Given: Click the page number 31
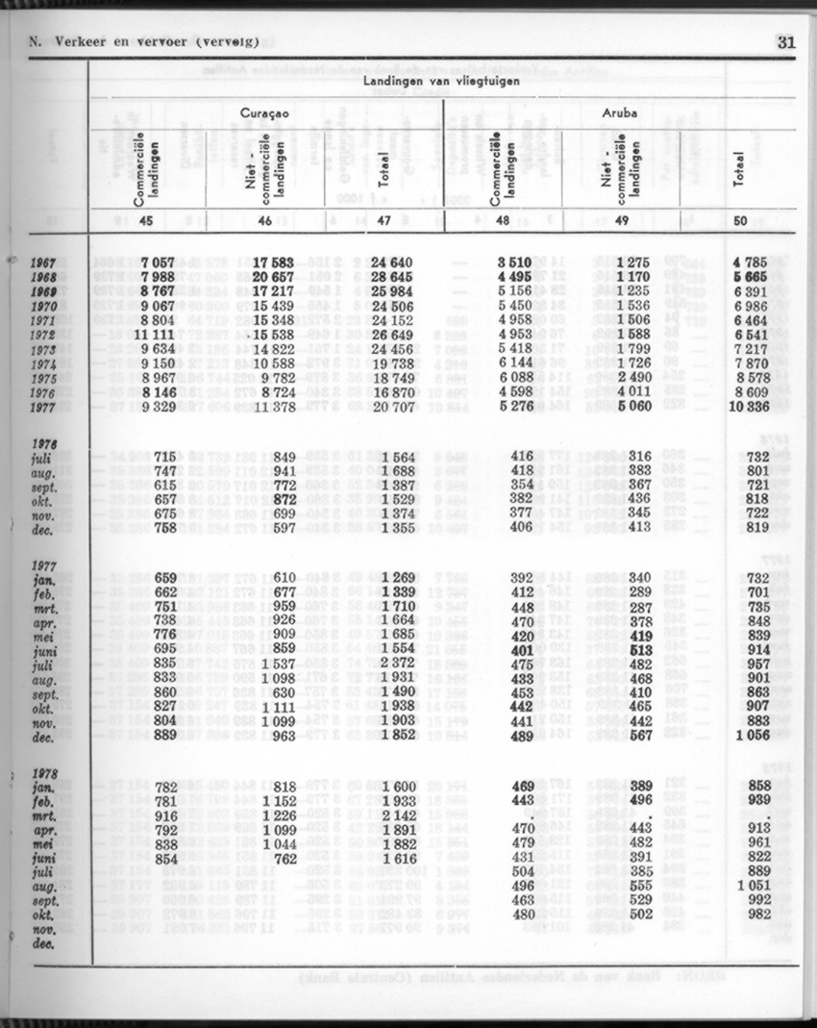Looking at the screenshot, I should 786,41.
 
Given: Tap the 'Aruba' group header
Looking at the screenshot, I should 621,113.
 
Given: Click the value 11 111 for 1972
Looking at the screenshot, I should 154,334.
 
